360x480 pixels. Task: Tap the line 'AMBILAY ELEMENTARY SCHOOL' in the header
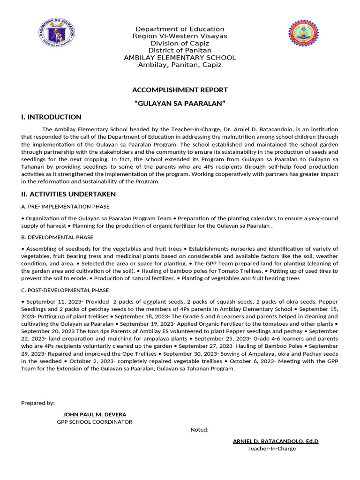click(180, 58)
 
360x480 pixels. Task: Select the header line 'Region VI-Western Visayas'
click(180, 36)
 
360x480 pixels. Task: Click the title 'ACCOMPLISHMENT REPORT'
click(180, 90)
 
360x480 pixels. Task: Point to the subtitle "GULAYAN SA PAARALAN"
click(180, 103)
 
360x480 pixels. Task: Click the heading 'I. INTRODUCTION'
click(51, 117)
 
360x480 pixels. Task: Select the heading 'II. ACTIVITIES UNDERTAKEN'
click(68, 194)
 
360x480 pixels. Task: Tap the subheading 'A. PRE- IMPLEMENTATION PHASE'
click(66, 207)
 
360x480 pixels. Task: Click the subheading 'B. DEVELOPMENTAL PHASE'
click(57, 237)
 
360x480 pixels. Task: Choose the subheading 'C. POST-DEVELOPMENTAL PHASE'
click(65, 290)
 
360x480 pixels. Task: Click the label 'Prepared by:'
click(38, 403)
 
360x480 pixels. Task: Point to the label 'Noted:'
click(199, 430)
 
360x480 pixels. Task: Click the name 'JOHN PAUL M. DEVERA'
click(95, 414)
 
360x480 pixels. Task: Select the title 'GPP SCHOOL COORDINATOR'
click(95, 422)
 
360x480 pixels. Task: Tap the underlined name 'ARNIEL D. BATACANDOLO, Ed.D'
click(276, 441)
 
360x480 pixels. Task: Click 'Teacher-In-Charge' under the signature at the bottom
click(271, 449)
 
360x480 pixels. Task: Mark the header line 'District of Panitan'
click(180, 51)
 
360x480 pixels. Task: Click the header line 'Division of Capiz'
click(180, 44)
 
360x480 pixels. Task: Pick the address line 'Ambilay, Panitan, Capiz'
click(180, 65)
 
